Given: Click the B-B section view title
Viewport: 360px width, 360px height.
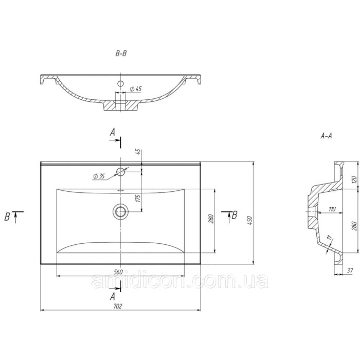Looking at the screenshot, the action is tap(121, 53).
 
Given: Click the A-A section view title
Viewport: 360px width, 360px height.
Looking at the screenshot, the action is tap(326, 136).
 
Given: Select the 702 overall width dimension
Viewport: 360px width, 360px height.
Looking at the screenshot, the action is tap(118, 306).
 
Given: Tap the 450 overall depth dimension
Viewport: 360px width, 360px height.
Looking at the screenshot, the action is tap(250, 220).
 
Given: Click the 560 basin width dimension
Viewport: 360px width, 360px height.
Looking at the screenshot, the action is tap(118, 272).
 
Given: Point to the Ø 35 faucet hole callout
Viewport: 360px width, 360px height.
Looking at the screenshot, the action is tap(99, 176).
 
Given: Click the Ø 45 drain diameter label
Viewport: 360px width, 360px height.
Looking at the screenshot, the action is tap(136, 89).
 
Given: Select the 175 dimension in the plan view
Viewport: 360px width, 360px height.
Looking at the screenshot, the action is tap(138, 198).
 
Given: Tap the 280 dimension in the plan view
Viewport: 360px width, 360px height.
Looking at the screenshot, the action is tap(211, 219).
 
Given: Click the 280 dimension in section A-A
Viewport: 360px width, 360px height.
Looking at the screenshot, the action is tap(354, 226).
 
